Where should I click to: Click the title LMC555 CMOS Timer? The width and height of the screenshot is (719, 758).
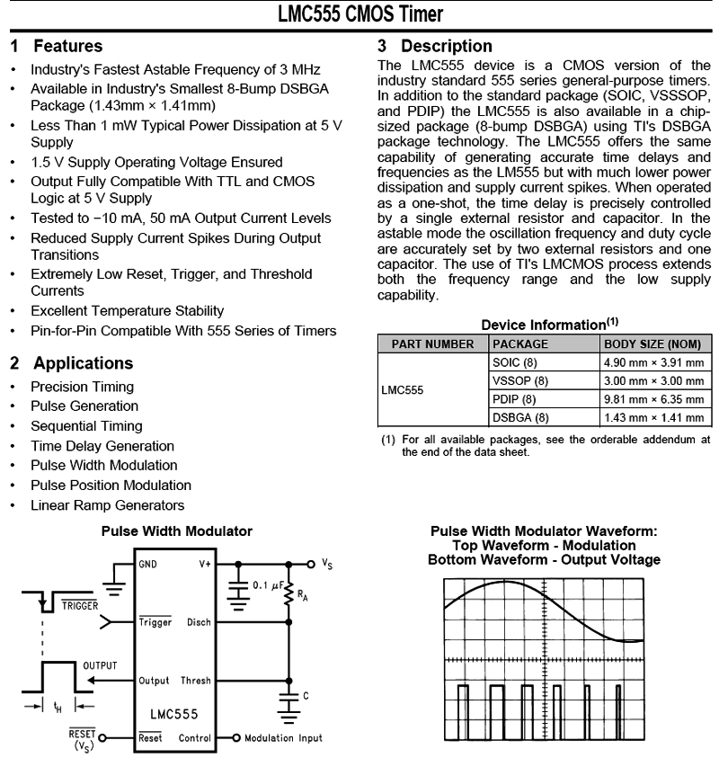[359, 15]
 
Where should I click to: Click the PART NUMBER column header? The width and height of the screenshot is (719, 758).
[432, 343]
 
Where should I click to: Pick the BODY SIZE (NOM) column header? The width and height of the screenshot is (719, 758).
[652, 343]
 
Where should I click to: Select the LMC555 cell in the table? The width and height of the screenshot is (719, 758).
[402, 390]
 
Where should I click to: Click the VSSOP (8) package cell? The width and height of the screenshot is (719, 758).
[520, 380]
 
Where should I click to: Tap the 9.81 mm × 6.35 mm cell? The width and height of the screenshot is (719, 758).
[653, 399]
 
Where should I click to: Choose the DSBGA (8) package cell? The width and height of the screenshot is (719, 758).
[520, 417]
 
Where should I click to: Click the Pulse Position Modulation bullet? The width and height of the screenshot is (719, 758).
[111, 486]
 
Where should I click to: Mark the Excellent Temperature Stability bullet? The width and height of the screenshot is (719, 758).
[127, 311]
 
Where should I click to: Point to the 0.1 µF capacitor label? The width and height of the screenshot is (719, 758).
[266, 585]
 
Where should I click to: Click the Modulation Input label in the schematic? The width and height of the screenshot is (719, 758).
[283, 738]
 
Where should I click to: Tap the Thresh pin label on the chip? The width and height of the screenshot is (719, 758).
[195, 681]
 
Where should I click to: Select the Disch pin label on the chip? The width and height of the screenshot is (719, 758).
[199, 622]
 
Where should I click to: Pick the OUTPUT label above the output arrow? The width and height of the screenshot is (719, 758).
[100, 665]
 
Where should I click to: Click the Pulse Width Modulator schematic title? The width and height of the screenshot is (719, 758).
[176, 532]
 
